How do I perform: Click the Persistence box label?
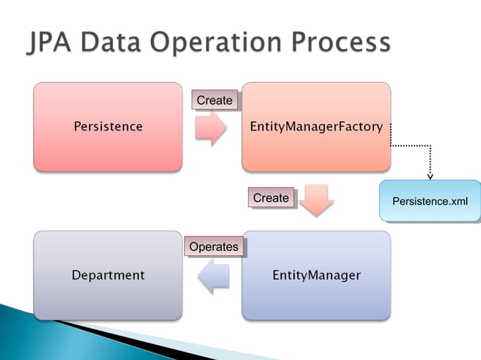(x=108, y=127)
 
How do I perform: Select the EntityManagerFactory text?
(x=316, y=127)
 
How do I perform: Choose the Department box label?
(x=108, y=275)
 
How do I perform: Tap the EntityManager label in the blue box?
(x=316, y=275)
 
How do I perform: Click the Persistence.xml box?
(x=430, y=201)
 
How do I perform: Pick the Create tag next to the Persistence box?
(x=215, y=100)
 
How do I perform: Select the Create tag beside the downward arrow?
(x=271, y=198)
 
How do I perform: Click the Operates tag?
(x=213, y=246)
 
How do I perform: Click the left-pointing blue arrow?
(x=213, y=276)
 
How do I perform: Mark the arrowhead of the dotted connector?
(x=430, y=176)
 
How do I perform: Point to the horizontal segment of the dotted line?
(x=411, y=145)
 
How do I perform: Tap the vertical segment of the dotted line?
(x=430, y=160)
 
